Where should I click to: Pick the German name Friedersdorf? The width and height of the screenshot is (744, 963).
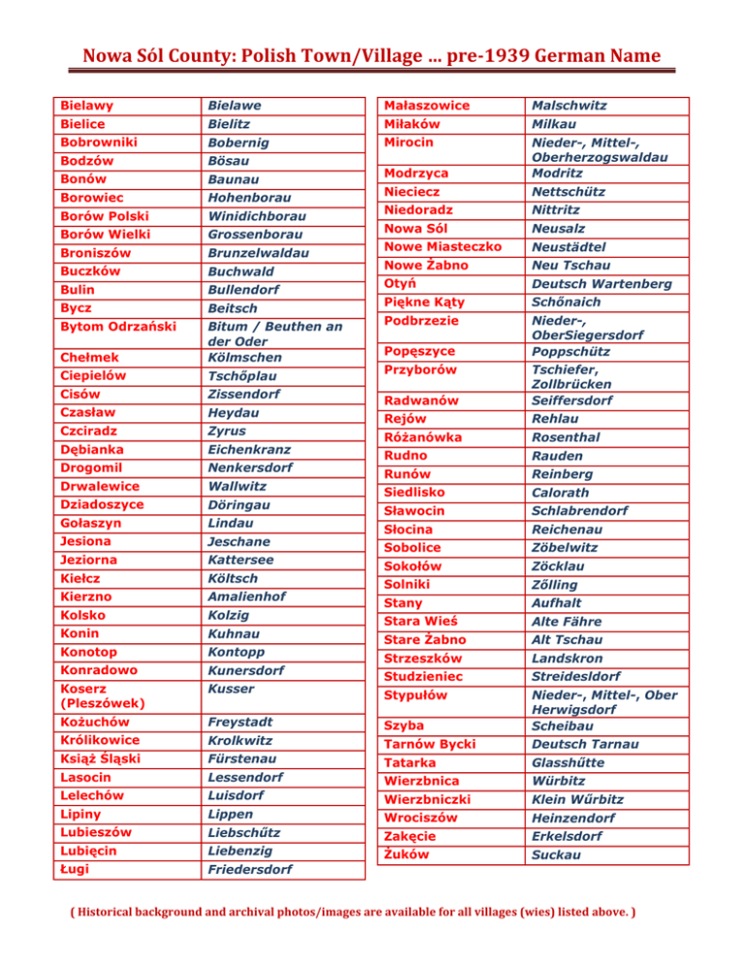coord(256,869)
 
